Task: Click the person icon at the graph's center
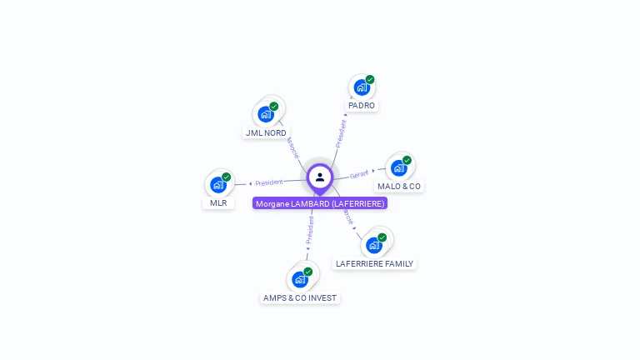[x=320, y=177]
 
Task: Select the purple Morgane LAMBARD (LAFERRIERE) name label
[x=320, y=203]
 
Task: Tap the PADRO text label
[x=362, y=106]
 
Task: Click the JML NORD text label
[x=266, y=132]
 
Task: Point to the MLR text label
[x=218, y=202]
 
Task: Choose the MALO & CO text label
[x=399, y=186]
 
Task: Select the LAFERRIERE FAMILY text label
[x=374, y=263]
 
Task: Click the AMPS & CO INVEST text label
[x=300, y=297]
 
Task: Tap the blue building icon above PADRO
[x=361, y=87]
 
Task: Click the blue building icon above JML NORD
[x=265, y=114]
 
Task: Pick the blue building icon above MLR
[x=217, y=184]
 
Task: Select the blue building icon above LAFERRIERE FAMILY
[x=373, y=245]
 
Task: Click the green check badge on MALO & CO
[x=407, y=160]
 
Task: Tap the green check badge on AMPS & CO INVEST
[x=307, y=272]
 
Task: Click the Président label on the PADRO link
[x=340, y=133]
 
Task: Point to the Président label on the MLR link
[x=268, y=182]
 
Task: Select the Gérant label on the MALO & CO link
[x=359, y=174]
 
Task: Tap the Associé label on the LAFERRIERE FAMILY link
[x=347, y=215]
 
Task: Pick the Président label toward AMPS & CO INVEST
[x=309, y=230]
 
